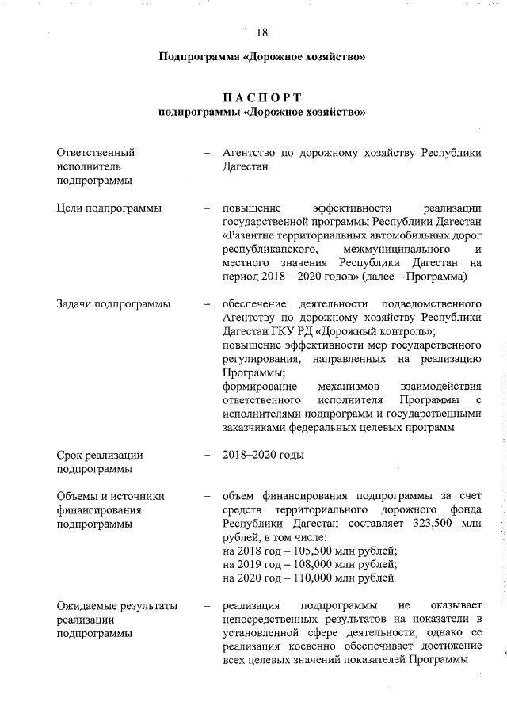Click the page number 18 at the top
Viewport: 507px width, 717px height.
(x=262, y=32)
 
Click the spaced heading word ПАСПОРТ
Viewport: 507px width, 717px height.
(x=262, y=97)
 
